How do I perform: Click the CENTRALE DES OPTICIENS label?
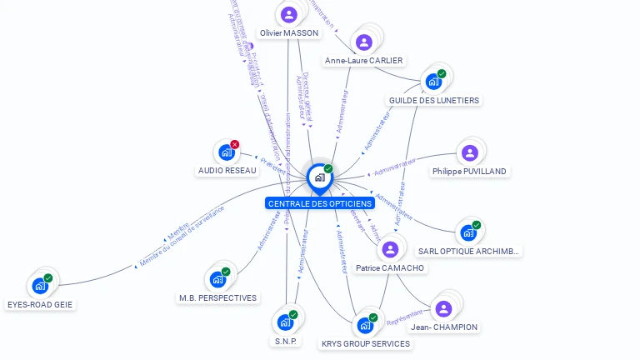320,203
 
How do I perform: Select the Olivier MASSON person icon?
289,15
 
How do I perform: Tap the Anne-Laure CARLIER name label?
364,60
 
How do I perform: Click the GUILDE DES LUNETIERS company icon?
433,81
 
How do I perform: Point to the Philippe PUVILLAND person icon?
470,152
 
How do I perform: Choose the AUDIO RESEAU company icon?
226,152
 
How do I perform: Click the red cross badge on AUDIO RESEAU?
235,144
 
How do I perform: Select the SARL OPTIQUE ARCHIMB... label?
468,251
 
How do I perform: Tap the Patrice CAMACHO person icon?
390,249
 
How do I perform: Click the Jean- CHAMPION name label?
444,327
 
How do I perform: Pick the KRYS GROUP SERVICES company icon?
365,325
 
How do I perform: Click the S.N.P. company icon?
285,322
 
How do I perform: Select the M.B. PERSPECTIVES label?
218,297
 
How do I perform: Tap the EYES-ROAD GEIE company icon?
39,286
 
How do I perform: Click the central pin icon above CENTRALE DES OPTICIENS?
319,177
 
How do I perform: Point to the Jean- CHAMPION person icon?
444,308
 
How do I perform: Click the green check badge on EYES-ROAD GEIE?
48,277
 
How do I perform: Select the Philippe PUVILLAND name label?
470,171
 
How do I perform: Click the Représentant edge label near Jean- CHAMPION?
406,316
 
